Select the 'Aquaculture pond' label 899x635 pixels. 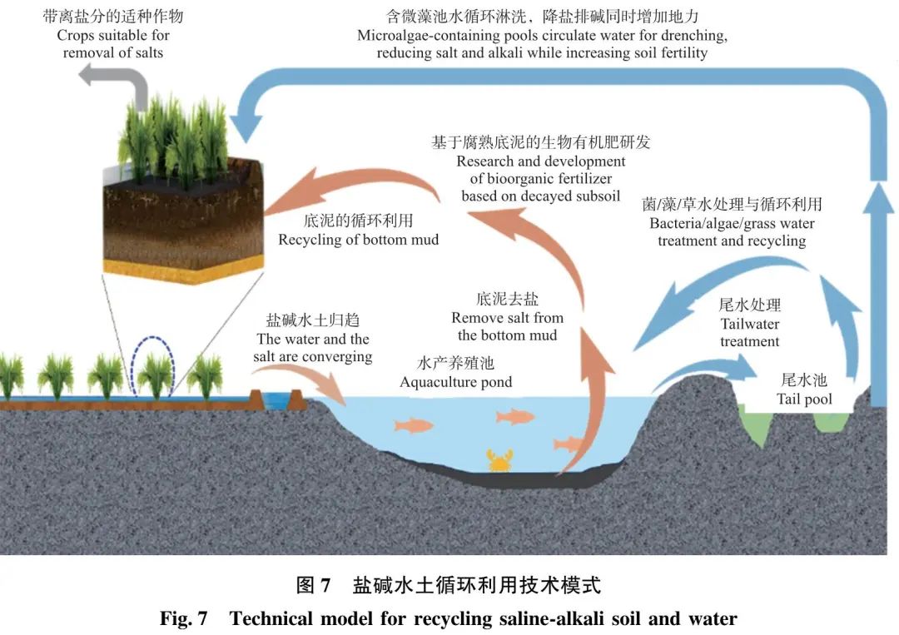click(455, 382)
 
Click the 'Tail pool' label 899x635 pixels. click(804, 399)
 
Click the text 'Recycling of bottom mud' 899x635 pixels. click(358, 240)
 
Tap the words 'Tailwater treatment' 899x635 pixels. click(749, 333)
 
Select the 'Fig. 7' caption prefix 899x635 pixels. click(184, 618)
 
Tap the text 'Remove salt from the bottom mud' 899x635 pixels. click(507, 326)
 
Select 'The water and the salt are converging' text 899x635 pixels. click(313, 348)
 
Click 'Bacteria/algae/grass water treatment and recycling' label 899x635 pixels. click(732, 232)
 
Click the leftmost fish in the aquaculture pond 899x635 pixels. click(414, 425)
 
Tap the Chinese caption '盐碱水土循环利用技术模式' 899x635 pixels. click(476, 585)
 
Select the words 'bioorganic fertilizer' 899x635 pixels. click(541, 179)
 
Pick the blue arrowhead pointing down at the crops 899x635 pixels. click(241, 127)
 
